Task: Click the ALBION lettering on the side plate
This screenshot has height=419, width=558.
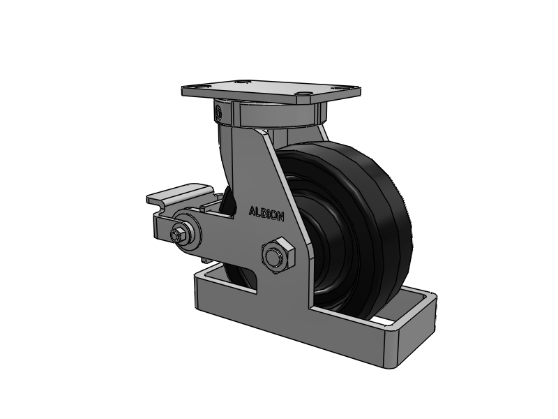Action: tap(266, 214)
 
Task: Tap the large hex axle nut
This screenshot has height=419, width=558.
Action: tap(278, 256)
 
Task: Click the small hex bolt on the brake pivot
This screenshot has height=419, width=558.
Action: tap(176, 235)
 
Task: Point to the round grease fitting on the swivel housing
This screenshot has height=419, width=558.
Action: tap(218, 112)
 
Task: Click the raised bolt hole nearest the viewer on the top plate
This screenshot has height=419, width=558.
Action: tap(303, 94)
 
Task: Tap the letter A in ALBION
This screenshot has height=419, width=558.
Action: tap(252, 212)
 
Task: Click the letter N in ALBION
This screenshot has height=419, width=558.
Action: tap(280, 216)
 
